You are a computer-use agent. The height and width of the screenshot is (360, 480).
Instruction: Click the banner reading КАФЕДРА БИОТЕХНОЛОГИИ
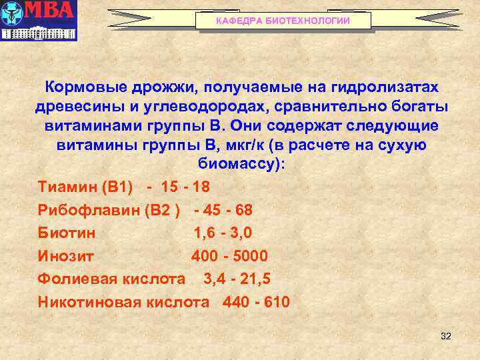click(283, 21)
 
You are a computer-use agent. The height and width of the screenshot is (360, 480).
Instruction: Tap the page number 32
click(446, 336)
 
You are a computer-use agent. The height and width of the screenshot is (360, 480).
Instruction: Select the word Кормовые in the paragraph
click(83, 88)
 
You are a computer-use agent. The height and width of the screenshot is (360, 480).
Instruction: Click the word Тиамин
click(66, 185)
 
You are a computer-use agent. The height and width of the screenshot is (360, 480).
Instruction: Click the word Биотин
click(67, 233)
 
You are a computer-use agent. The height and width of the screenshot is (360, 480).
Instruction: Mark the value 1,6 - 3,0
click(223, 233)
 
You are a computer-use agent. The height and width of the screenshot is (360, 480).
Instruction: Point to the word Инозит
click(66, 257)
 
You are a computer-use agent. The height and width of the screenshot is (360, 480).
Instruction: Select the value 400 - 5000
click(229, 257)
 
